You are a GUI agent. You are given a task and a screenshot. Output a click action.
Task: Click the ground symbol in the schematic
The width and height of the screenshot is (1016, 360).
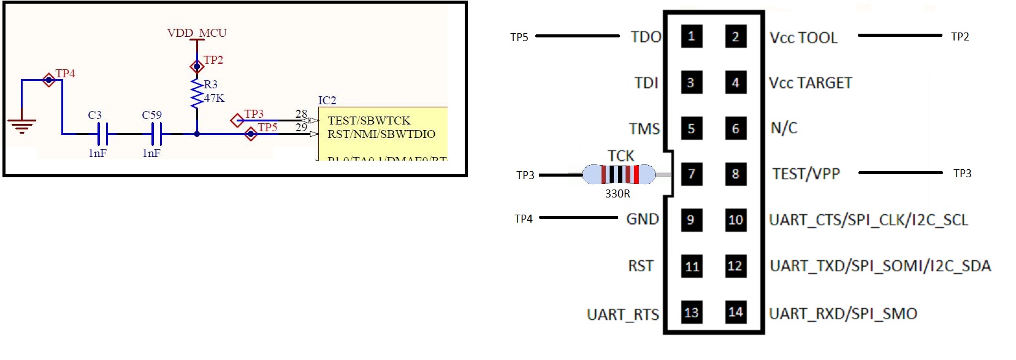[x=21, y=125]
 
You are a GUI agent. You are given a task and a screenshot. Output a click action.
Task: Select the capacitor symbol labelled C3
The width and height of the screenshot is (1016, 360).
[x=102, y=133]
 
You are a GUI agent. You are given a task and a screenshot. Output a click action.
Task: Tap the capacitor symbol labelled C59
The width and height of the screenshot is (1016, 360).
[x=156, y=133]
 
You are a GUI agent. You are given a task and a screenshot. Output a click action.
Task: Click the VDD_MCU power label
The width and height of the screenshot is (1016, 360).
[x=197, y=33]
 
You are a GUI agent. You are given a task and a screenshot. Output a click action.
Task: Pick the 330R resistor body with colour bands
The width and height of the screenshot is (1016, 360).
[x=619, y=175]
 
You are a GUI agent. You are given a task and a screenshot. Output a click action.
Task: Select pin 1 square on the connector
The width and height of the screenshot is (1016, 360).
[x=691, y=36]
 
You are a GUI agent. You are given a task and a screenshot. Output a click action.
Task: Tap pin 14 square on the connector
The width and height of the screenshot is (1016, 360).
[x=735, y=312]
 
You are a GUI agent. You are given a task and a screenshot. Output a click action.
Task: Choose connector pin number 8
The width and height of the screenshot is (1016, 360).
[x=735, y=174]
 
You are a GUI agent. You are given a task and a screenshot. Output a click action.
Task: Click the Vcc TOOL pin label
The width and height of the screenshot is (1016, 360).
[x=803, y=38]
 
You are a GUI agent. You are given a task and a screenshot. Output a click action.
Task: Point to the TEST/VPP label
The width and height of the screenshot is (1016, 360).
[x=806, y=174]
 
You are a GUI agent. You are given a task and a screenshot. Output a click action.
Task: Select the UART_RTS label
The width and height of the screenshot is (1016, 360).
[x=622, y=315]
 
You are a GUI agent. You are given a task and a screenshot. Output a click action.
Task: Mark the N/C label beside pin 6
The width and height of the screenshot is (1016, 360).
[x=784, y=128]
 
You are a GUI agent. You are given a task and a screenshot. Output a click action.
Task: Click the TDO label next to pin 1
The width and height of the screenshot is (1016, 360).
[x=646, y=37]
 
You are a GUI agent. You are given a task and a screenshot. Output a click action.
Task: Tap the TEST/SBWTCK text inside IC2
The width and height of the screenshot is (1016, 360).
[x=369, y=121]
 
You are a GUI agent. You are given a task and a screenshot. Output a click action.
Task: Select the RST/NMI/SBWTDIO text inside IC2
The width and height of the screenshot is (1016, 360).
[x=381, y=134]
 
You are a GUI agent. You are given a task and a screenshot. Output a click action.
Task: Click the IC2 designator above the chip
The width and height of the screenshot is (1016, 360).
[x=327, y=100]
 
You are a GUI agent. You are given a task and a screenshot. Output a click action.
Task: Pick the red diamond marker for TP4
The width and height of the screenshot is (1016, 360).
[x=49, y=80]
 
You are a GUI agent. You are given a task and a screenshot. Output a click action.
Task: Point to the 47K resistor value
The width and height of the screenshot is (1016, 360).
[x=214, y=98]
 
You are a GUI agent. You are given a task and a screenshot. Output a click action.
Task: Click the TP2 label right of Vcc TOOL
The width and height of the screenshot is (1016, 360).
[x=960, y=37]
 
